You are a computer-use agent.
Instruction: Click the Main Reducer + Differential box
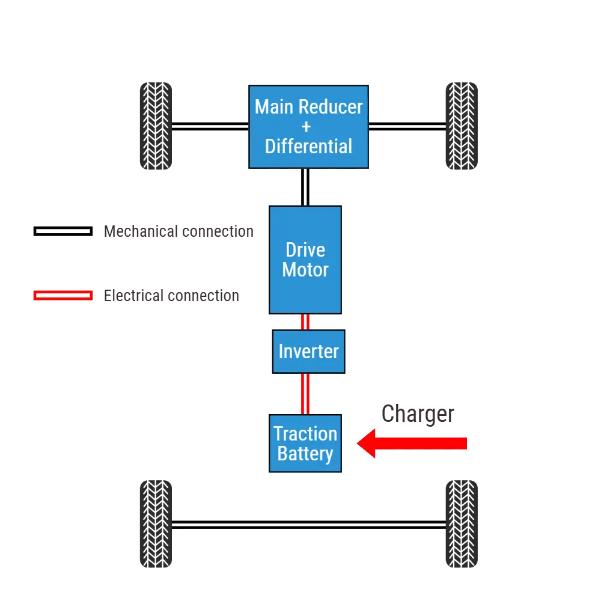click(308, 126)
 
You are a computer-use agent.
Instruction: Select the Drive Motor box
click(305, 260)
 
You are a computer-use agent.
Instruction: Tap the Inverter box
click(308, 352)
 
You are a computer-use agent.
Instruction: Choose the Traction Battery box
click(305, 444)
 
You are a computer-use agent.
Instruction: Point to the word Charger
click(418, 414)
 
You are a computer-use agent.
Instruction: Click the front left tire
click(156, 126)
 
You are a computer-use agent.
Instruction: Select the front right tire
click(462, 126)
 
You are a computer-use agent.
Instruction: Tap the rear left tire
click(156, 523)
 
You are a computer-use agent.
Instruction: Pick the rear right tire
click(462, 523)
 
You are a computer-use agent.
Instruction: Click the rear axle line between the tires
click(308, 523)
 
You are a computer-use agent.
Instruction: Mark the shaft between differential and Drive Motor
click(306, 187)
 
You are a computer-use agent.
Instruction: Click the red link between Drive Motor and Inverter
click(305, 322)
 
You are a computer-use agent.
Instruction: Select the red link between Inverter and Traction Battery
click(305, 394)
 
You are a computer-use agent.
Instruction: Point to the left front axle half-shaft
click(210, 127)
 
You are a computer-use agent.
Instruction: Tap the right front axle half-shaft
click(407, 127)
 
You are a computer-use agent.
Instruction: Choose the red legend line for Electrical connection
click(63, 296)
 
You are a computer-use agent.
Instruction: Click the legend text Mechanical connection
click(178, 232)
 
